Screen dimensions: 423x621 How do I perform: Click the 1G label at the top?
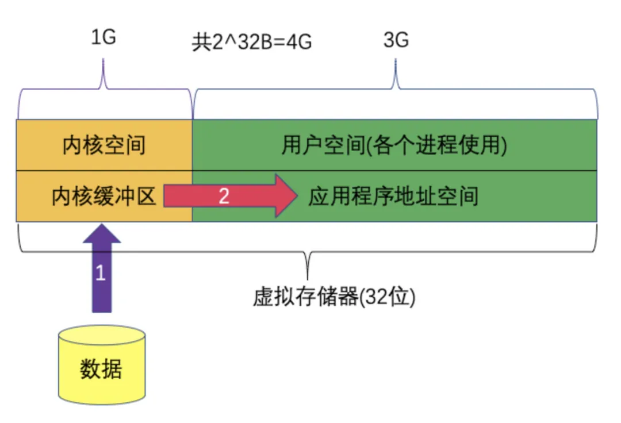pyautogui.click(x=103, y=38)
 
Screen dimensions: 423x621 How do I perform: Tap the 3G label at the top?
pyautogui.click(x=396, y=41)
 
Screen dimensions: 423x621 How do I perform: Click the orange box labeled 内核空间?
pyautogui.click(x=104, y=145)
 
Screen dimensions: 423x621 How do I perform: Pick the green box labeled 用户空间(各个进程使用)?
pyautogui.click(x=394, y=145)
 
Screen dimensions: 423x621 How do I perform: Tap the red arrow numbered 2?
pyautogui.click(x=230, y=197)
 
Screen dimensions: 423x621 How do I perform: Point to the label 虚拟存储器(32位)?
pyautogui.click(x=333, y=298)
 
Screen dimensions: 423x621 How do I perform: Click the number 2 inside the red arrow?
pyautogui.click(x=224, y=197)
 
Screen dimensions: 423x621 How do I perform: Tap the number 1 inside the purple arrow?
pyautogui.click(x=101, y=272)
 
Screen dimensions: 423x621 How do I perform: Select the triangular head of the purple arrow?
pyautogui.click(x=101, y=234)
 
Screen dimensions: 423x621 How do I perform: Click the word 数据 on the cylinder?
pyautogui.click(x=101, y=369)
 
